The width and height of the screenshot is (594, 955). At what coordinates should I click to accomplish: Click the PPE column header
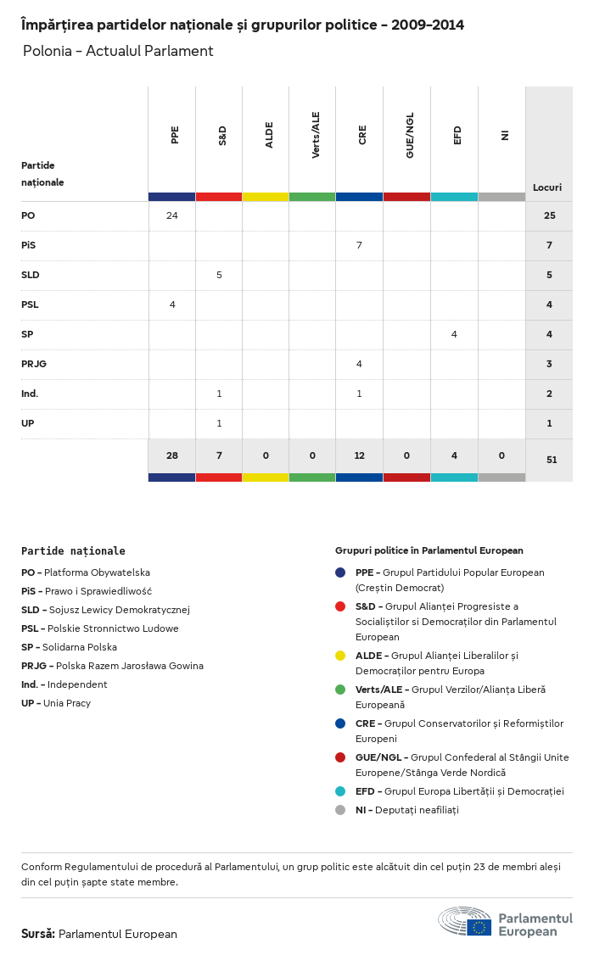pyautogui.click(x=175, y=135)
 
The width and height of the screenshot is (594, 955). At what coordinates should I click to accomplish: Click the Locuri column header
pyautogui.click(x=547, y=187)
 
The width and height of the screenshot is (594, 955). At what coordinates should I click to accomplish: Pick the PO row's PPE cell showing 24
pyautogui.click(x=172, y=215)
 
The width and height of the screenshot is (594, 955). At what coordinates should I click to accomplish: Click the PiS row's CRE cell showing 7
pyautogui.click(x=359, y=245)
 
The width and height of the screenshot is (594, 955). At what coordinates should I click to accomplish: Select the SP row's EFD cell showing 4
pyautogui.click(x=454, y=334)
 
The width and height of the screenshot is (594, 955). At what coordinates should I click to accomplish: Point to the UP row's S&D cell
pyautogui.click(x=219, y=423)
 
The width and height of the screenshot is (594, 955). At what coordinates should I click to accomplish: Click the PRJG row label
pyautogui.click(x=33, y=364)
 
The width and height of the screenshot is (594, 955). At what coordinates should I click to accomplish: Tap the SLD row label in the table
pyautogui.click(x=31, y=275)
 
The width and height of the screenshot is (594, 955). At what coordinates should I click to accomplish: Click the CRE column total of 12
pyautogui.click(x=359, y=455)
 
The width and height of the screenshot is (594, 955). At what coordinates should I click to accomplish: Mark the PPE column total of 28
pyautogui.click(x=172, y=455)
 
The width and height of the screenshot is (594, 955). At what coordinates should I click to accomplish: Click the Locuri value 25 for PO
pyautogui.click(x=549, y=215)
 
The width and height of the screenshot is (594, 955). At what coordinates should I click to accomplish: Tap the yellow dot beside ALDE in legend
pyautogui.click(x=340, y=656)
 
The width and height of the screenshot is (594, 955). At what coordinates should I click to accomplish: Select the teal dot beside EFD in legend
pyautogui.click(x=340, y=791)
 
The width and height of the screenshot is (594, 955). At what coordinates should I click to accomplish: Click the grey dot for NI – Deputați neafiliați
pyautogui.click(x=340, y=810)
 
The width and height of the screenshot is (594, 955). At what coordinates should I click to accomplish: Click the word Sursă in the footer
pyautogui.click(x=38, y=934)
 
